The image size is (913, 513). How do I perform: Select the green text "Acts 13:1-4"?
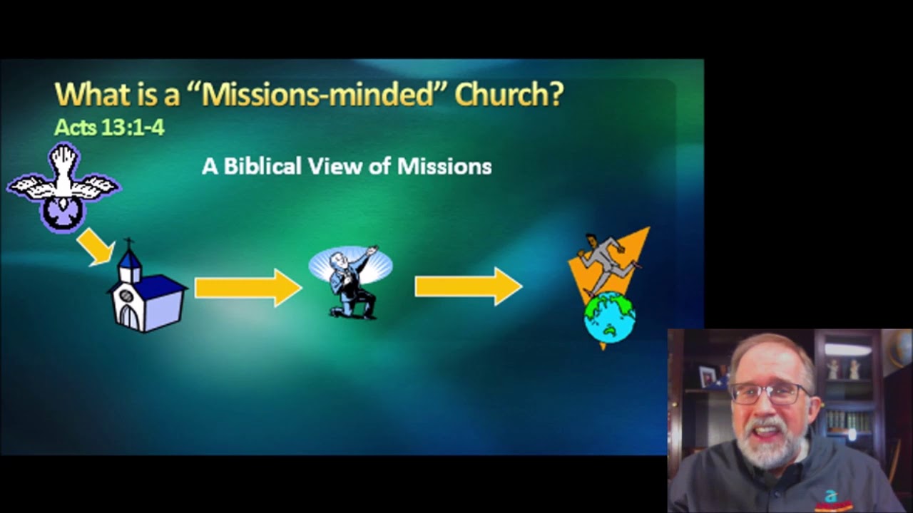pyautogui.click(x=109, y=128)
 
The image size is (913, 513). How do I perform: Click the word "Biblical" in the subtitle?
pyautogui.click(x=262, y=167)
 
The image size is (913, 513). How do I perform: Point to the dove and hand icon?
pyautogui.click(x=63, y=187)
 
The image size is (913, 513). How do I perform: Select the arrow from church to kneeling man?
pyautogui.click(x=248, y=288)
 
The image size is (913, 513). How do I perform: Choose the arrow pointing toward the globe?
pyautogui.click(x=468, y=286)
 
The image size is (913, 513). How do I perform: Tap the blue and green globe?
pyautogui.click(x=610, y=318)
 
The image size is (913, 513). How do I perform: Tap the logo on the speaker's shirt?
pyautogui.click(x=830, y=497)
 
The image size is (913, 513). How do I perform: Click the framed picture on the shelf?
pyautogui.click(x=708, y=375)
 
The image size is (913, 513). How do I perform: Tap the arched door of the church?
pyautogui.click(x=130, y=316)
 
